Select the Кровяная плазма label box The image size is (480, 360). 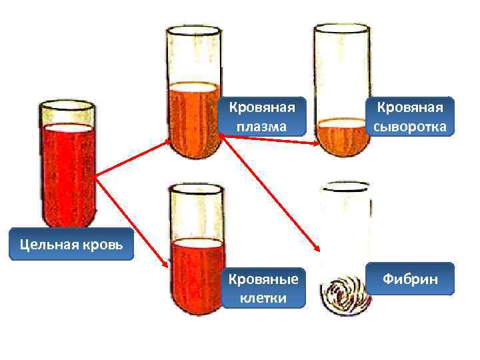click(x=262, y=116)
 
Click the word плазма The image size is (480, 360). click(x=262, y=125)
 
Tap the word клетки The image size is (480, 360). click(x=263, y=297)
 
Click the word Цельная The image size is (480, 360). click(x=41, y=245)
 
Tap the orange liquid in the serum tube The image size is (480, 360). click(x=341, y=136)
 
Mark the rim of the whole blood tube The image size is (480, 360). click(x=67, y=105)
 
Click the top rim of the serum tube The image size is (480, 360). click(x=341, y=29)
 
